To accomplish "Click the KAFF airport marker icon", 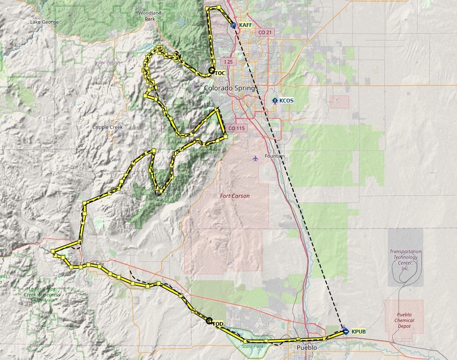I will click(x=233, y=25).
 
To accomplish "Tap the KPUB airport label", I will click(x=359, y=332).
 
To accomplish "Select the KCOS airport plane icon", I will click(x=275, y=101).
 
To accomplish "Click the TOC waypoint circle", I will click(x=212, y=71).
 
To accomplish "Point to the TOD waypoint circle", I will click(x=209, y=321).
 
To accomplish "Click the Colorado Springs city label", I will click(x=231, y=88).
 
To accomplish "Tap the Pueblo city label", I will click(x=307, y=347).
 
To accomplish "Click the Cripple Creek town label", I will click(x=107, y=127).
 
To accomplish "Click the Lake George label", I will click(x=44, y=22).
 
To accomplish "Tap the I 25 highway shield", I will click(x=228, y=62).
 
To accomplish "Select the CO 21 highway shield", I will click(x=265, y=32).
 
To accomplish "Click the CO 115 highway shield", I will click(x=237, y=128).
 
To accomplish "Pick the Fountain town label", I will click(x=275, y=156).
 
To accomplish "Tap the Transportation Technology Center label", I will click(x=405, y=260).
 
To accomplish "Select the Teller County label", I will click(x=108, y=63).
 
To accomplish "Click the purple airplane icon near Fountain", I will click(x=255, y=158).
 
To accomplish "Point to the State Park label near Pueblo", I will click(x=253, y=346).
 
